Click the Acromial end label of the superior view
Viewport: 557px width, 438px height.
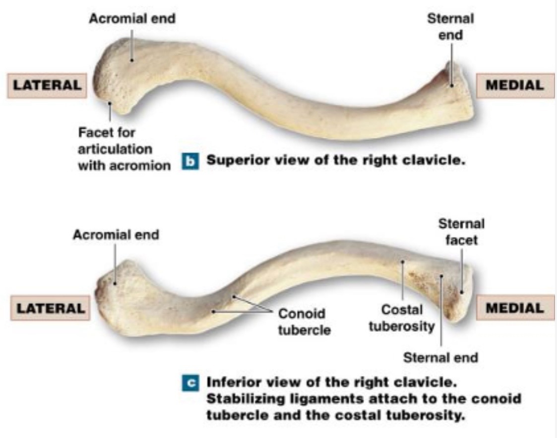click(x=131, y=19)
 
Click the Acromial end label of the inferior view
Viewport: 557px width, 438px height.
click(x=116, y=235)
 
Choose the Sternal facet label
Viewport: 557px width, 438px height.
click(x=461, y=232)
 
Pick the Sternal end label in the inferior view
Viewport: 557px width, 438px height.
click(x=440, y=357)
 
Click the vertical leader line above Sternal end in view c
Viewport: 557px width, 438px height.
click(x=441, y=317)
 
